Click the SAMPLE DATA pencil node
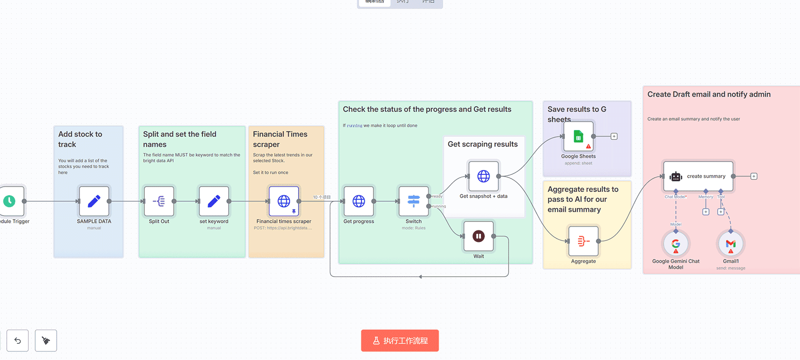pos(94,201)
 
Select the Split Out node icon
pos(159,201)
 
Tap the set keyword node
pos(214,201)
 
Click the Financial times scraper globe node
pos(284,201)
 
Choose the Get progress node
pos(359,201)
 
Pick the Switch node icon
pos(413,201)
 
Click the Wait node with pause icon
pos(479,236)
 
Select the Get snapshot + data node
pos(483,176)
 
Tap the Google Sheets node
pos(578,137)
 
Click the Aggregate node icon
pos(583,241)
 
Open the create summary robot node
pos(698,176)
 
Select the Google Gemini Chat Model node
pos(676,244)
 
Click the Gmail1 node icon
pos(730,244)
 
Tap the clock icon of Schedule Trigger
pos(10,201)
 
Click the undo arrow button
pos(18,340)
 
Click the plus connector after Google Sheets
pos(614,137)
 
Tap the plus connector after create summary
pos(754,176)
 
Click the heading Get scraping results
pos(482,144)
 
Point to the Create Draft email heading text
pos(709,94)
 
